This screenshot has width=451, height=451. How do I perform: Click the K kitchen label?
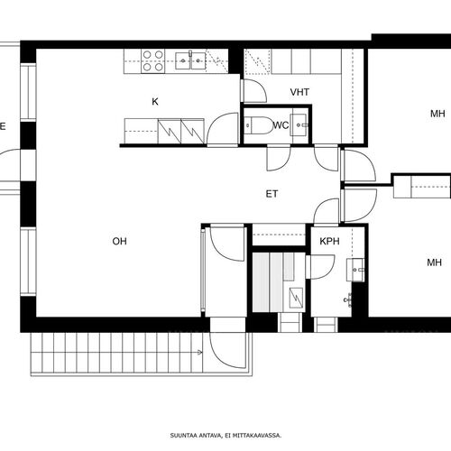click(x=155, y=102)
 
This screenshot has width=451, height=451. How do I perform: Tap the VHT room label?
click(x=299, y=92)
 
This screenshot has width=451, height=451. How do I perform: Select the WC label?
click(x=281, y=124)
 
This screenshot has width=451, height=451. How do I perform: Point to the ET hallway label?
click(x=272, y=194)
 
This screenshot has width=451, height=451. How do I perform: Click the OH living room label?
click(x=119, y=241)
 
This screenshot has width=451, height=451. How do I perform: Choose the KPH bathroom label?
click(x=329, y=241)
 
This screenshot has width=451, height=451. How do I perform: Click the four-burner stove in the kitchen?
click(x=153, y=61)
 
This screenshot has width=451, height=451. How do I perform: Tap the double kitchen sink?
click(x=190, y=60)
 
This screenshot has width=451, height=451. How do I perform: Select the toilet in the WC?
click(x=257, y=125)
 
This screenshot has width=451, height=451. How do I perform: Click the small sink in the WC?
click(x=299, y=124)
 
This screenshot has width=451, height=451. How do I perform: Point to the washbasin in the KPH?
click(x=355, y=270)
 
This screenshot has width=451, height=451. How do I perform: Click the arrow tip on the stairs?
click(x=202, y=352)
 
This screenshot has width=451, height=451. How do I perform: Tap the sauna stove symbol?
click(x=296, y=298)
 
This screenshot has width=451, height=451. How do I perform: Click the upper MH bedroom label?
click(x=437, y=114)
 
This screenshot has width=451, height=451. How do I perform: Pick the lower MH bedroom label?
click(x=434, y=262)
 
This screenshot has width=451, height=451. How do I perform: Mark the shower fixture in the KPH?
click(x=347, y=299)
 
